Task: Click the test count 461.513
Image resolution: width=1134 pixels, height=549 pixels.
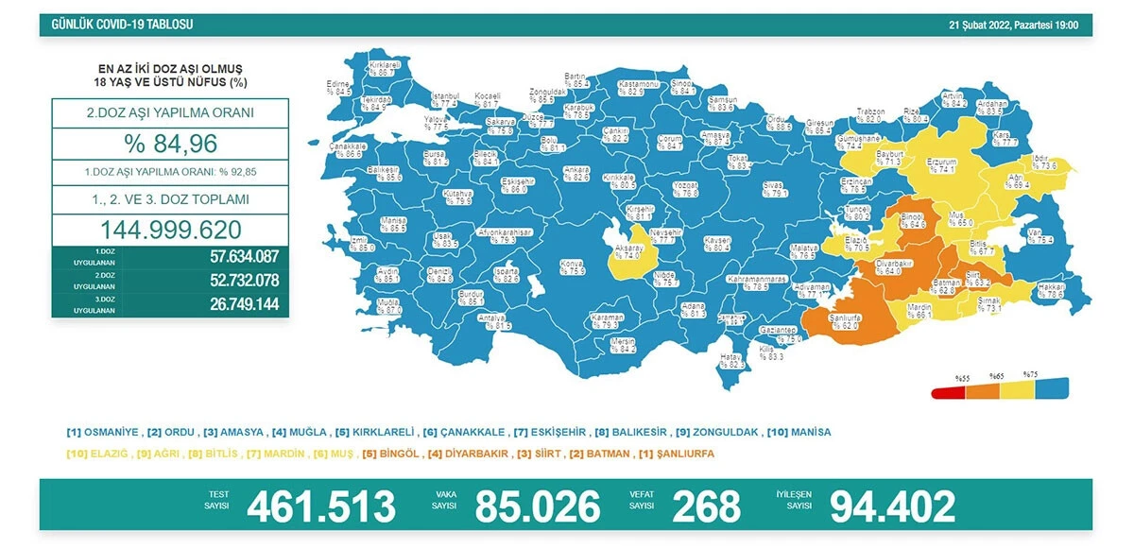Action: pos(320,507)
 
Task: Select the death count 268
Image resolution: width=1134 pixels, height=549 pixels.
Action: pos(707,507)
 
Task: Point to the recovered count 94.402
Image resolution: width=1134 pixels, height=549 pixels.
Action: pos(892,507)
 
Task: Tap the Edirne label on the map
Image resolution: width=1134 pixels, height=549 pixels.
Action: pos(338,88)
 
